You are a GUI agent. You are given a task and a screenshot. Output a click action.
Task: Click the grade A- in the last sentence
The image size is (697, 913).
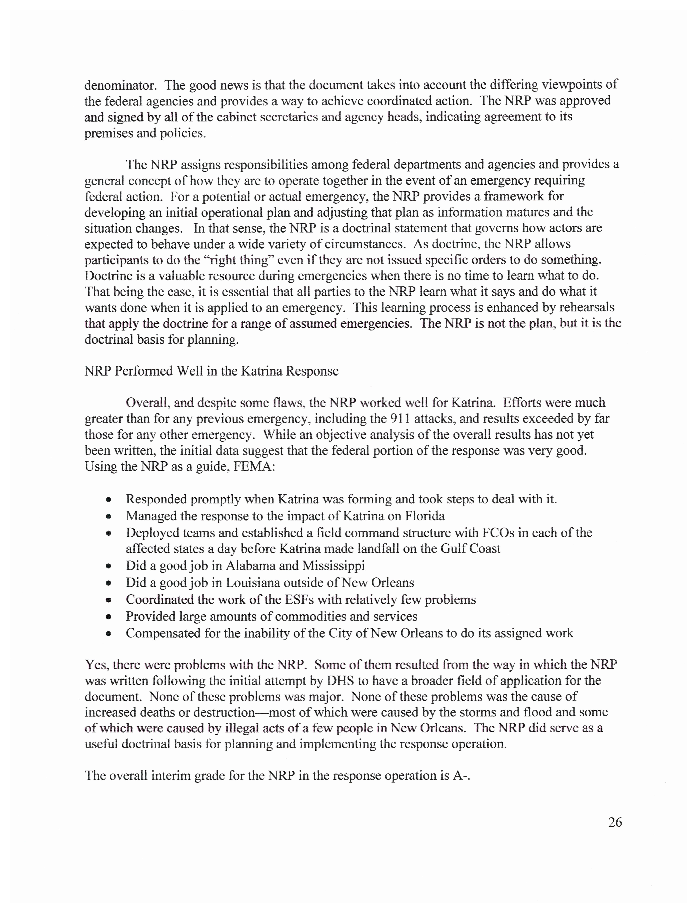point(460,776)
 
